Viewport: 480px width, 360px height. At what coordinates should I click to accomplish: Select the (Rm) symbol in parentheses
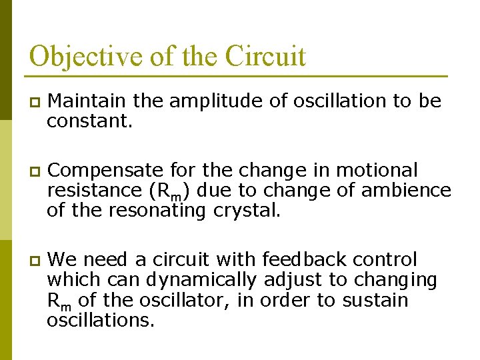coord(164,191)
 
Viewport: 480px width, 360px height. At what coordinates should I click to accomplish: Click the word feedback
coord(303,259)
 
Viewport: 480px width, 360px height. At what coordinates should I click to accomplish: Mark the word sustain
coord(375,301)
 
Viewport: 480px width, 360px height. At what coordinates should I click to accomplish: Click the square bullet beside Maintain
coord(33,102)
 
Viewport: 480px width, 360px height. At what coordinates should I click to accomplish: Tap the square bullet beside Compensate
coord(33,171)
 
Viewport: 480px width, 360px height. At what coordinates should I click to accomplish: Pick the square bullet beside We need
coord(33,261)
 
